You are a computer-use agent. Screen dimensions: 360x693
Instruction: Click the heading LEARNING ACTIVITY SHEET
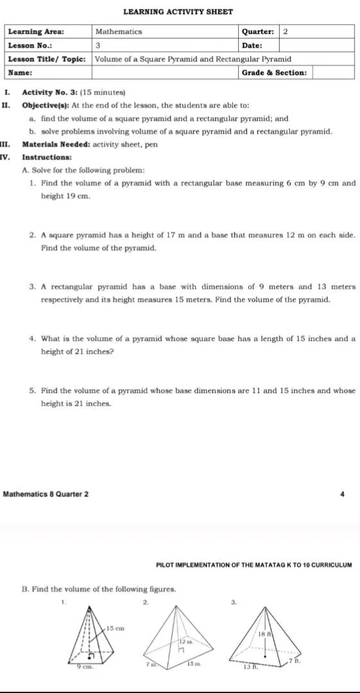[178, 12]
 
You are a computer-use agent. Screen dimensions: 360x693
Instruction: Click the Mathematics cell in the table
[119, 31]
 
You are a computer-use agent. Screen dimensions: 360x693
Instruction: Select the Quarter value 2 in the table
[286, 31]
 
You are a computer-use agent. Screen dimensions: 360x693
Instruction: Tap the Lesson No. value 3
[98, 46]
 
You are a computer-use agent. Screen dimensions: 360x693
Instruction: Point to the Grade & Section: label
[274, 73]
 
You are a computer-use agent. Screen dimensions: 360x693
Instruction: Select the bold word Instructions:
[47, 157]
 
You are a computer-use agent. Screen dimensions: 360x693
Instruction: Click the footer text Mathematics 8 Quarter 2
[46, 494]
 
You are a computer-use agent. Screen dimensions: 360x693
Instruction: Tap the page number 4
[343, 494]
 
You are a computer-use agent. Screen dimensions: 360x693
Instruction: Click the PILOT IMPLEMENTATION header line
[254, 565]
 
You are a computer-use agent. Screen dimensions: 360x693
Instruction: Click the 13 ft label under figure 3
[250, 667]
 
